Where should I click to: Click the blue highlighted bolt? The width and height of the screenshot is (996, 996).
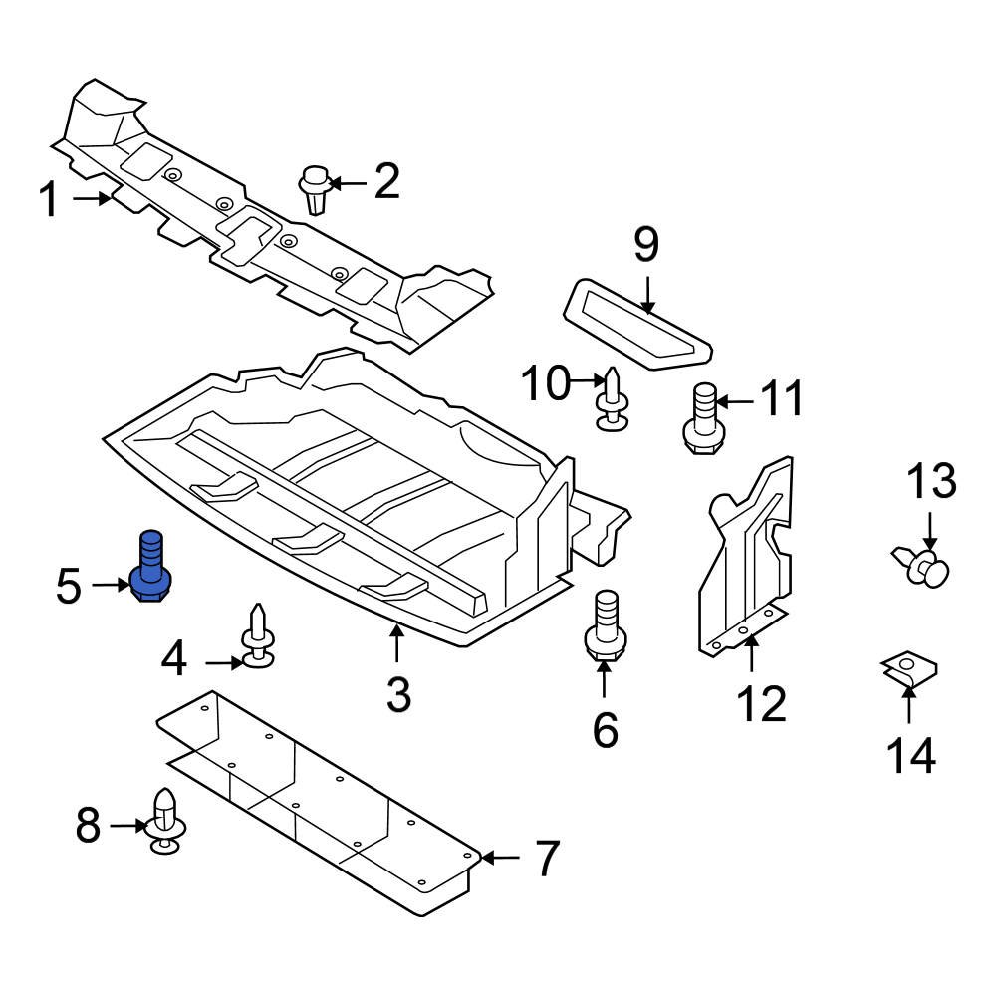point(150,568)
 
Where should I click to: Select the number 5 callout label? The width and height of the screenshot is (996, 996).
point(68,586)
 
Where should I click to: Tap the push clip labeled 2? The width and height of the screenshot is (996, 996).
point(316,189)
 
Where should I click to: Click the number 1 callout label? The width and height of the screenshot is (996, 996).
point(49,200)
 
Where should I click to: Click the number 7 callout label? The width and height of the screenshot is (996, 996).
point(547,859)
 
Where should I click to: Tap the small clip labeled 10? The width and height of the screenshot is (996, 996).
point(613,400)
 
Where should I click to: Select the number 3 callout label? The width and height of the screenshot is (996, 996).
point(398,695)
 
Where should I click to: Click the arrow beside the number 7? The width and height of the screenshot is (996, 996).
point(503,858)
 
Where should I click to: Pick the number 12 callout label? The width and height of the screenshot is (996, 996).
point(762,704)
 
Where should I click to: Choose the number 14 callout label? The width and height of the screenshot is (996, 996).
point(910,756)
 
